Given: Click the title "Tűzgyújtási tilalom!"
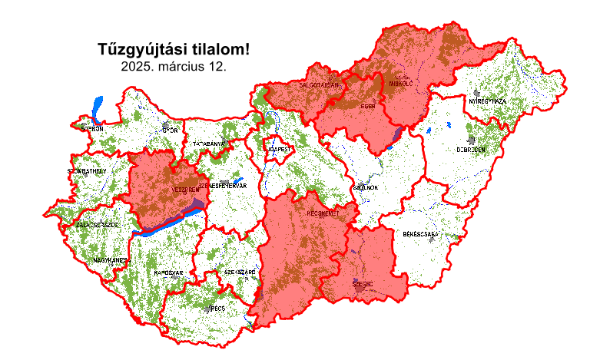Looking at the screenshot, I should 174,50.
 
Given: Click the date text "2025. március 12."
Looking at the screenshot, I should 174,67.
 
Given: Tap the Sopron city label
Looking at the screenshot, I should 92,129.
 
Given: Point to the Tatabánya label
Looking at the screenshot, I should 208,144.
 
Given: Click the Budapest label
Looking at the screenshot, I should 277,148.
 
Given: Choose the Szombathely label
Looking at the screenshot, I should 87,170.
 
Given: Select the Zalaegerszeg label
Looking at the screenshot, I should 98,225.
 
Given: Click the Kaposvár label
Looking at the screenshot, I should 168,273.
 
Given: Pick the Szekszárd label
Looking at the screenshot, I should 239,272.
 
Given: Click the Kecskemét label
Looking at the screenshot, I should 323,213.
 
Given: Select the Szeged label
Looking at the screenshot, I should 363,284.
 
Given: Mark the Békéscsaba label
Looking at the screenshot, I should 420,233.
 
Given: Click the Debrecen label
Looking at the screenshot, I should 471,150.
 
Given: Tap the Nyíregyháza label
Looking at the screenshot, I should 488,101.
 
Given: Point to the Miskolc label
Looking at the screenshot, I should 401,83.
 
